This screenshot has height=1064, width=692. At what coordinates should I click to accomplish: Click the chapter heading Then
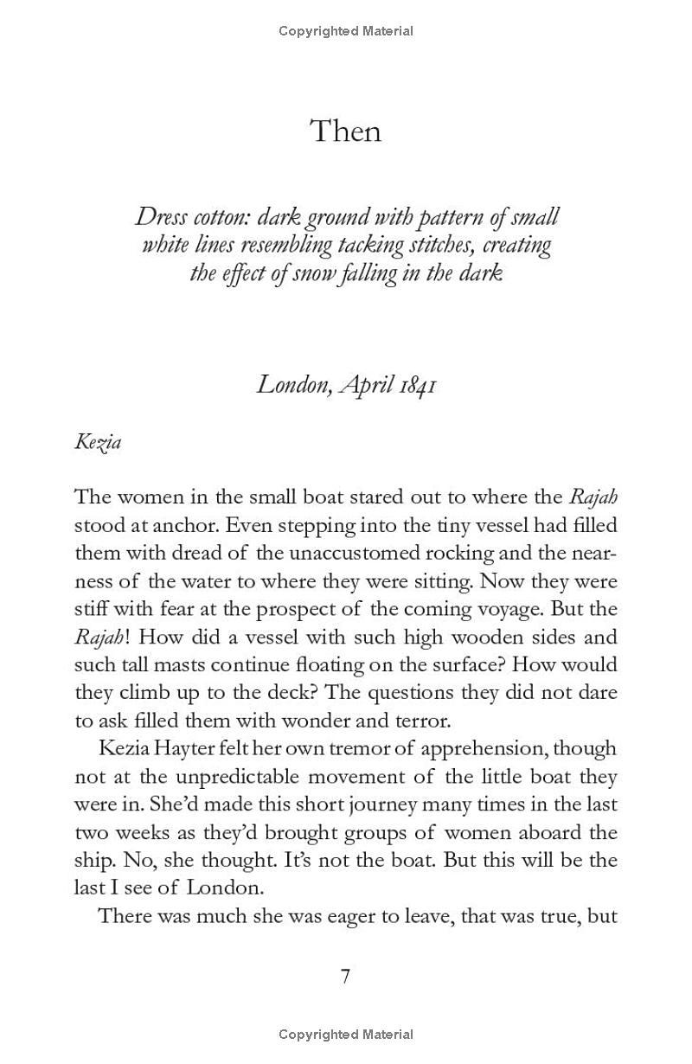coord(345,131)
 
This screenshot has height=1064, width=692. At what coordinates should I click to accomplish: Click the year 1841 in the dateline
coord(417,383)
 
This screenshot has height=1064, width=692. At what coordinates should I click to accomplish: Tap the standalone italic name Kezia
coord(98,442)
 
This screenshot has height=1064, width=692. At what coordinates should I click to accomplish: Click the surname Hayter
coord(189,748)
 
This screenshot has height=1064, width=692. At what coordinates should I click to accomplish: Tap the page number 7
coord(345,976)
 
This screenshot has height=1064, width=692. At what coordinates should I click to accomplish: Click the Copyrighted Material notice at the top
coord(346,31)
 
